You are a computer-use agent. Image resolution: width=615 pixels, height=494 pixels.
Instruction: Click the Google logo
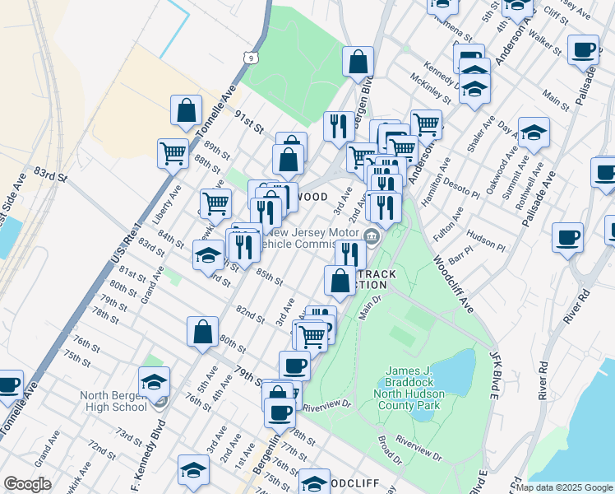pos(27,484)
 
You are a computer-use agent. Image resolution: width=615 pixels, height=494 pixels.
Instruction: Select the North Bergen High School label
pos(113,400)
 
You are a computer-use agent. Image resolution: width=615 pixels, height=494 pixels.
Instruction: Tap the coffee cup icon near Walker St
pos(583,50)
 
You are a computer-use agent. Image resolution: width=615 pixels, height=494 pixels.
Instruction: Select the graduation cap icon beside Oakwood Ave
pos(534,132)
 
